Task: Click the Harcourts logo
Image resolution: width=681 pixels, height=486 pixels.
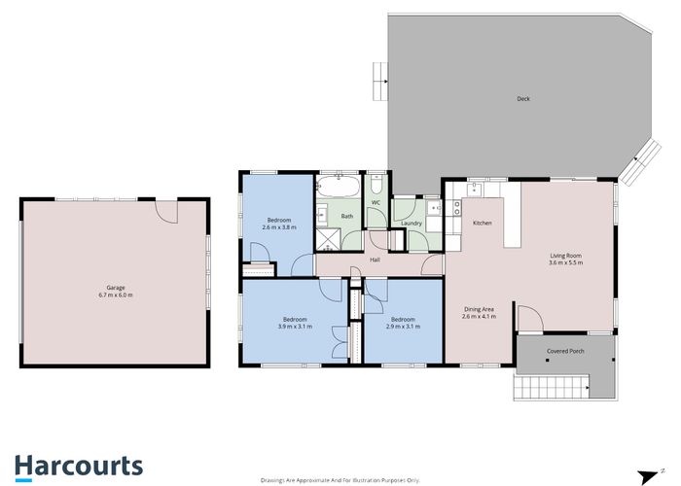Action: click(x=79, y=465)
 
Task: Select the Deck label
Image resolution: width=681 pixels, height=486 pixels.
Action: click(x=522, y=98)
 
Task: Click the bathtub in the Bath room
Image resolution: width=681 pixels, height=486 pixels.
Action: click(x=340, y=185)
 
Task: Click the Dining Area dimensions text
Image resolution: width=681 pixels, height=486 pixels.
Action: click(x=479, y=316)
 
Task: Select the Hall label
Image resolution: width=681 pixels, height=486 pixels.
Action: click(x=376, y=260)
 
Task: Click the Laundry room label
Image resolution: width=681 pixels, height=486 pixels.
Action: click(x=411, y=224)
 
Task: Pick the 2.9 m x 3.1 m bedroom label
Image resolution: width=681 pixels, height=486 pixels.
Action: click(x=403, y=323)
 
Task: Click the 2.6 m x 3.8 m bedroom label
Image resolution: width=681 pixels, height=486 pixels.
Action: click(x=280, y=224)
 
